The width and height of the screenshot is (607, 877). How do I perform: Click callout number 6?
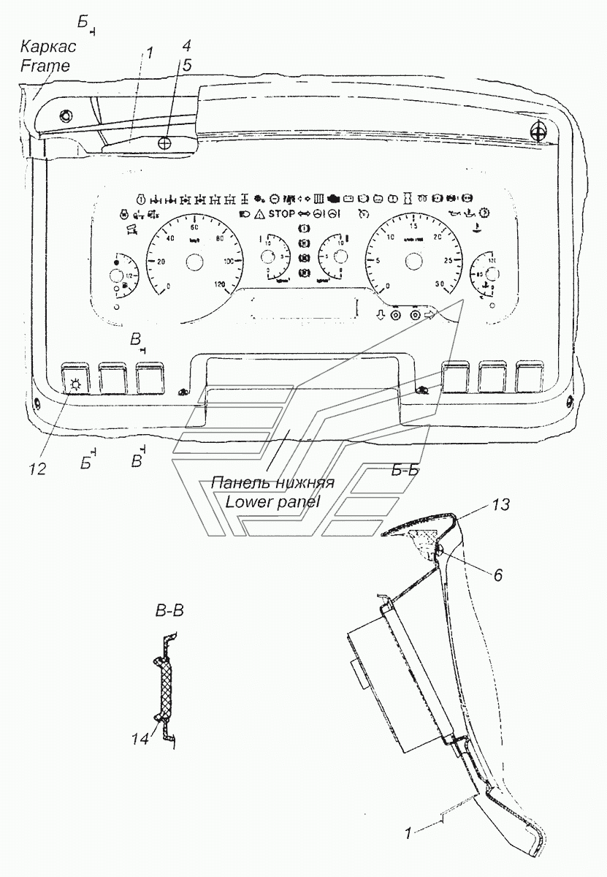click(x=497, y=575)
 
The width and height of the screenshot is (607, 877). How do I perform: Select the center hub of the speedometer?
click(x=194, y=261)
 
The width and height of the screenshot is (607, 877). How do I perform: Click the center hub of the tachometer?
click(x=413, y=261)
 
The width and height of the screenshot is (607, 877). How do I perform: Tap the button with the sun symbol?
click(x=75, y=381)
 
